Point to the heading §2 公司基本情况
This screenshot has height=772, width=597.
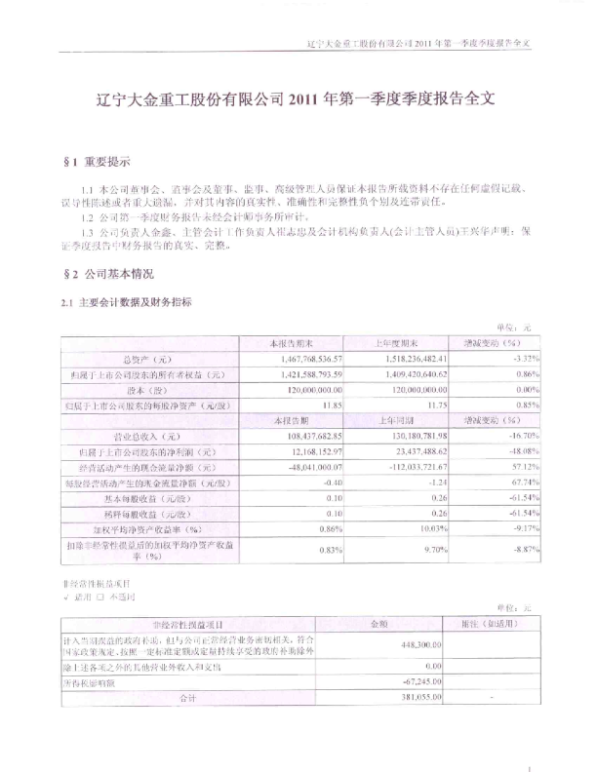click(108, 276)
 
